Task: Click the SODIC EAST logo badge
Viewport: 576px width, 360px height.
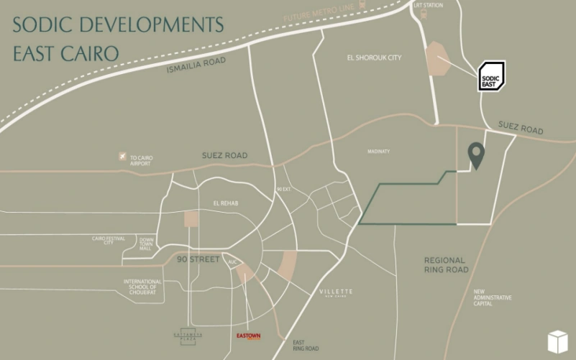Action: [492, 75]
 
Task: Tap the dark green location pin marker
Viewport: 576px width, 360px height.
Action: [476, 154]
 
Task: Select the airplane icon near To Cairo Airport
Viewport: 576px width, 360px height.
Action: [123, 157]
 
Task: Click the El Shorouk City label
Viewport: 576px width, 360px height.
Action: [374, 57]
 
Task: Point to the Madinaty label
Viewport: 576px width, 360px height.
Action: [378, 151]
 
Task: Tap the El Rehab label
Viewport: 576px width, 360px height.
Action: [225, 203]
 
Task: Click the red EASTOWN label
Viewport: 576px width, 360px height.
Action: [249, 336]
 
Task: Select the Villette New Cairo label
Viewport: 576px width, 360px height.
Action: [336, 292]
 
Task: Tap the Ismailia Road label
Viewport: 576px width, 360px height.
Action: [196, 66]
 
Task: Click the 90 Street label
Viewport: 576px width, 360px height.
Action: [199, 258]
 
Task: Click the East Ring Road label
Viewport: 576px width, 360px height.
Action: [306, 346]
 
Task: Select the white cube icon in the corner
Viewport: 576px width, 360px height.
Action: [558, 341]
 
